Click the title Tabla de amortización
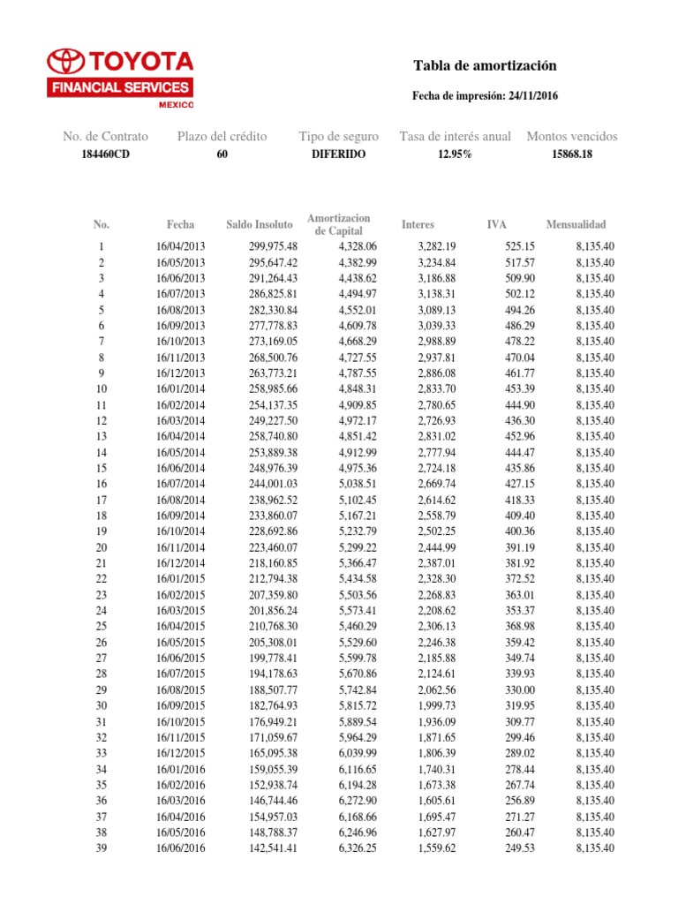485,66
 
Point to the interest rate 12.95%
455,154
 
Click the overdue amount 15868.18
571,154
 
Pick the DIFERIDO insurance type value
338,154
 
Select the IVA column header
497,225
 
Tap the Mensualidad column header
576,225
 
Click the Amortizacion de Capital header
339,224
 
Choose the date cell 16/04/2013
180,246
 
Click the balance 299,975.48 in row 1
273,246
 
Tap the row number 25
101,626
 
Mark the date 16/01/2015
180,578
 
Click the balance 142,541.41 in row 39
273,848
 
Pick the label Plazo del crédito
222,137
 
